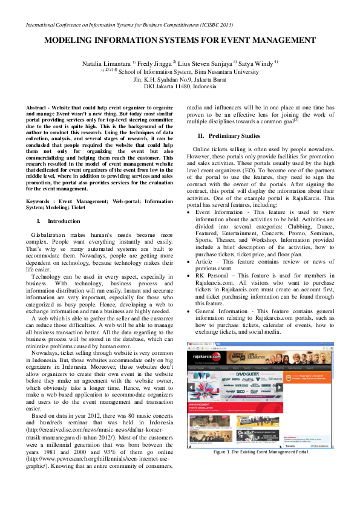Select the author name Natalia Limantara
[106, 63]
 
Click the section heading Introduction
[64, 221]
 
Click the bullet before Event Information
[191, 212]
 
